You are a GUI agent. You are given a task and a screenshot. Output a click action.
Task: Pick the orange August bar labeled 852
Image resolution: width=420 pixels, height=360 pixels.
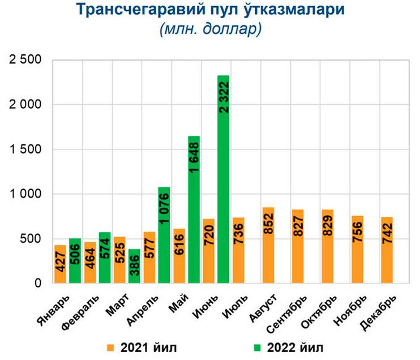tap(268, 245)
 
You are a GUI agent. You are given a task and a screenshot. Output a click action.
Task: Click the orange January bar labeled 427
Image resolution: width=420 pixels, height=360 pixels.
tap(61, 264)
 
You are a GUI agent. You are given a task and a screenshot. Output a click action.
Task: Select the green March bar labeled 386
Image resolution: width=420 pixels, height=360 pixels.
tap(135, 266)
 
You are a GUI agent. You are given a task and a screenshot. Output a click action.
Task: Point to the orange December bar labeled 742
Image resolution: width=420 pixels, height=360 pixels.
tap(387, 250)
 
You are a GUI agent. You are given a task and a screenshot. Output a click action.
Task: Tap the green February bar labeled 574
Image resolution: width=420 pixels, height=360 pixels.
tap(105, 258)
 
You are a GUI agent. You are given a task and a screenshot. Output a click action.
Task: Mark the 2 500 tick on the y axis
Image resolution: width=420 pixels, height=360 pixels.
tap(25, 60)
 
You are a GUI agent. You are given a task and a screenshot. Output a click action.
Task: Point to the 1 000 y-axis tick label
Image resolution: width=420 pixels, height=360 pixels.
tap(25, 194)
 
